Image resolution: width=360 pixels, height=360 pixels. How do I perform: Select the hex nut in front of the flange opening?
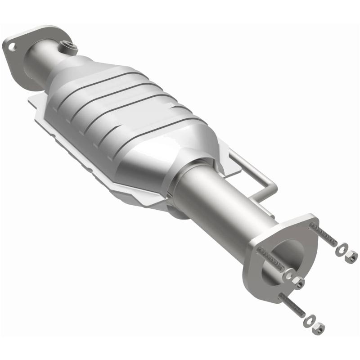coord(298,283)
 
